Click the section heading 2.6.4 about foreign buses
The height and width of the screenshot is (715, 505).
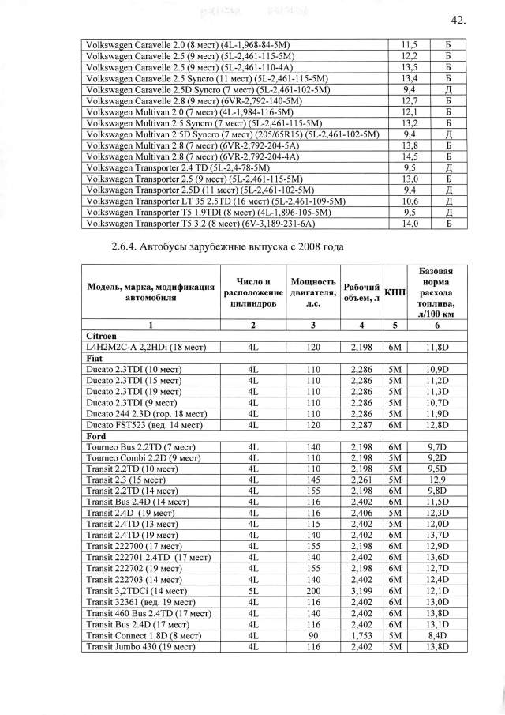(229, 247)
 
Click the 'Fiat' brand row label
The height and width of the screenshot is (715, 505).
(94, 358)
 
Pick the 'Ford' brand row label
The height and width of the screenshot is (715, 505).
(95, 435)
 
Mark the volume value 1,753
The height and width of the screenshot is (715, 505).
(361, 635)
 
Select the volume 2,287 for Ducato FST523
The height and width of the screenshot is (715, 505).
(361, 424)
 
